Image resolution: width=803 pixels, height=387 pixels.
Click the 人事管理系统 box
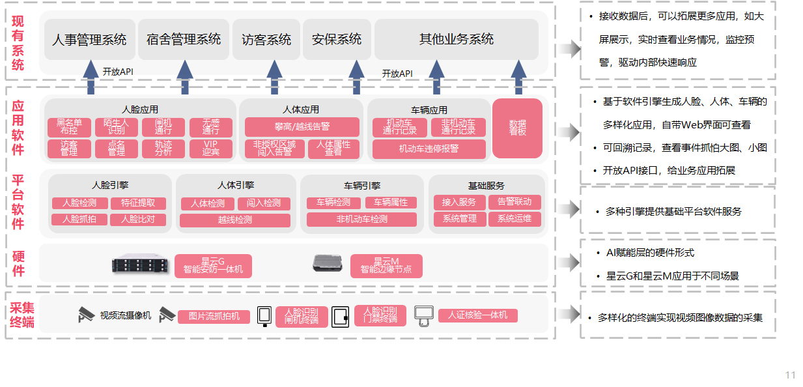click(90, 39)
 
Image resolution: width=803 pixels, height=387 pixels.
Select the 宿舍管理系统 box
click(184, 39)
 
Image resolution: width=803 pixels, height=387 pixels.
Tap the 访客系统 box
click(266, 39)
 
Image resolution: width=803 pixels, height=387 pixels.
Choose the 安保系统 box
click(337, 39)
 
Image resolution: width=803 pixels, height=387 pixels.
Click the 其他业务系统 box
click(456, 39)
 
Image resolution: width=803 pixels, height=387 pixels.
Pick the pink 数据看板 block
click(517, 128)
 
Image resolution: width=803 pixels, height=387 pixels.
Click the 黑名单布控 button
click(69, 127)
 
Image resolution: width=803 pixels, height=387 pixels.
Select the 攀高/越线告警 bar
click(302, 126)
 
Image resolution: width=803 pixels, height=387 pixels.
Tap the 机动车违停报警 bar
click(429, 149)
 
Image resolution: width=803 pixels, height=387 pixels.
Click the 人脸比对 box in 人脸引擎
click(137, 220)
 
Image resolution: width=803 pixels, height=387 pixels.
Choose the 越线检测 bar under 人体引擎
click(235, 220)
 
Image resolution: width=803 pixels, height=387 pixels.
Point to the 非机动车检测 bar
click(361, 220)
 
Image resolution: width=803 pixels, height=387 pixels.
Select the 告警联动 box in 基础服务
click(514, 203)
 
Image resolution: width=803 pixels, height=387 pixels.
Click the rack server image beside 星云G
click(140, 265)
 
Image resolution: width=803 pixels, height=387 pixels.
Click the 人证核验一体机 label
click(477, 316)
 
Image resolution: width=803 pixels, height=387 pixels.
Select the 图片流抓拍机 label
click(214, 317)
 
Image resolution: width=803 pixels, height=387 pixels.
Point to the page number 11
click(790, 375)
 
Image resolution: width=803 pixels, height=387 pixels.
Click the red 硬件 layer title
click(19, 264)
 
